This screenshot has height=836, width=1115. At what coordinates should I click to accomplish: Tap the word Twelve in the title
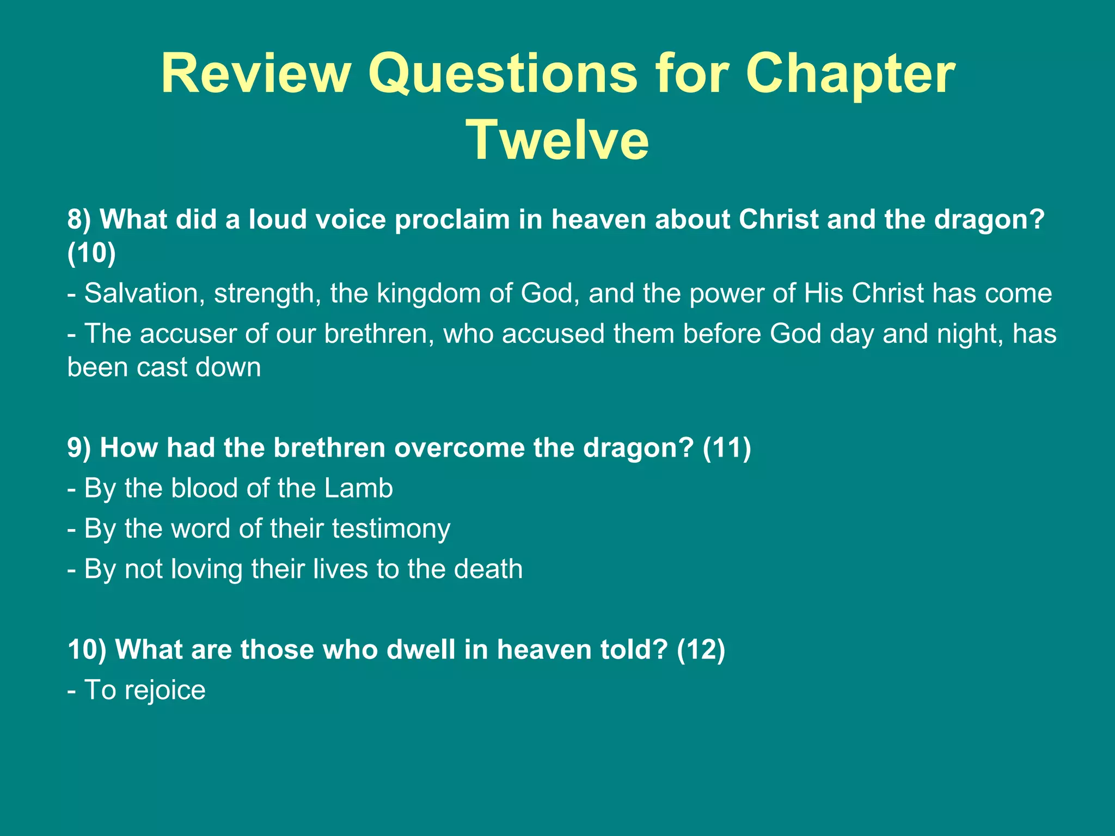coord(557,140)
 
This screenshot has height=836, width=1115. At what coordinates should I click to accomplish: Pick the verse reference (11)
coord(727,448)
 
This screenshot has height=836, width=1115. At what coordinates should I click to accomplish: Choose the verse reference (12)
coord(701,650)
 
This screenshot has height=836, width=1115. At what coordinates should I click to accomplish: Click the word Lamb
coord(358,488)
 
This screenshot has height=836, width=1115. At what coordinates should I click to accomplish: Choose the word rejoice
coord(165,691)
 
